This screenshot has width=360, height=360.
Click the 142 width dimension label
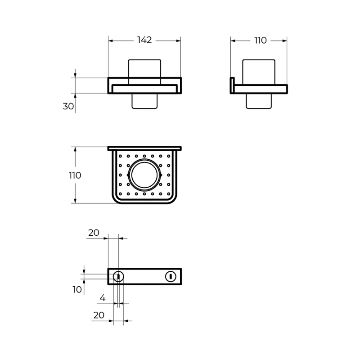point(144,40)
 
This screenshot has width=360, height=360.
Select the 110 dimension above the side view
point(261,40)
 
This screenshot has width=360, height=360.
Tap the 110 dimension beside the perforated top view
point(75,175)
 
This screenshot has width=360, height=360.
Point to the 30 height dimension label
point(68,106)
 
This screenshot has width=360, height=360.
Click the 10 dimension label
point(77,289)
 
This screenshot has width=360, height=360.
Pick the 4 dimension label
point(103,298)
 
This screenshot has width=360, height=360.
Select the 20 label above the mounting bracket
point(94,233)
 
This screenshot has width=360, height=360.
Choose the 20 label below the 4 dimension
point(99,315)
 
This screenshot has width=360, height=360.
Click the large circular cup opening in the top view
point(144,175)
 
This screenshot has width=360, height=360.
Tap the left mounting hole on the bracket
point(118,277)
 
